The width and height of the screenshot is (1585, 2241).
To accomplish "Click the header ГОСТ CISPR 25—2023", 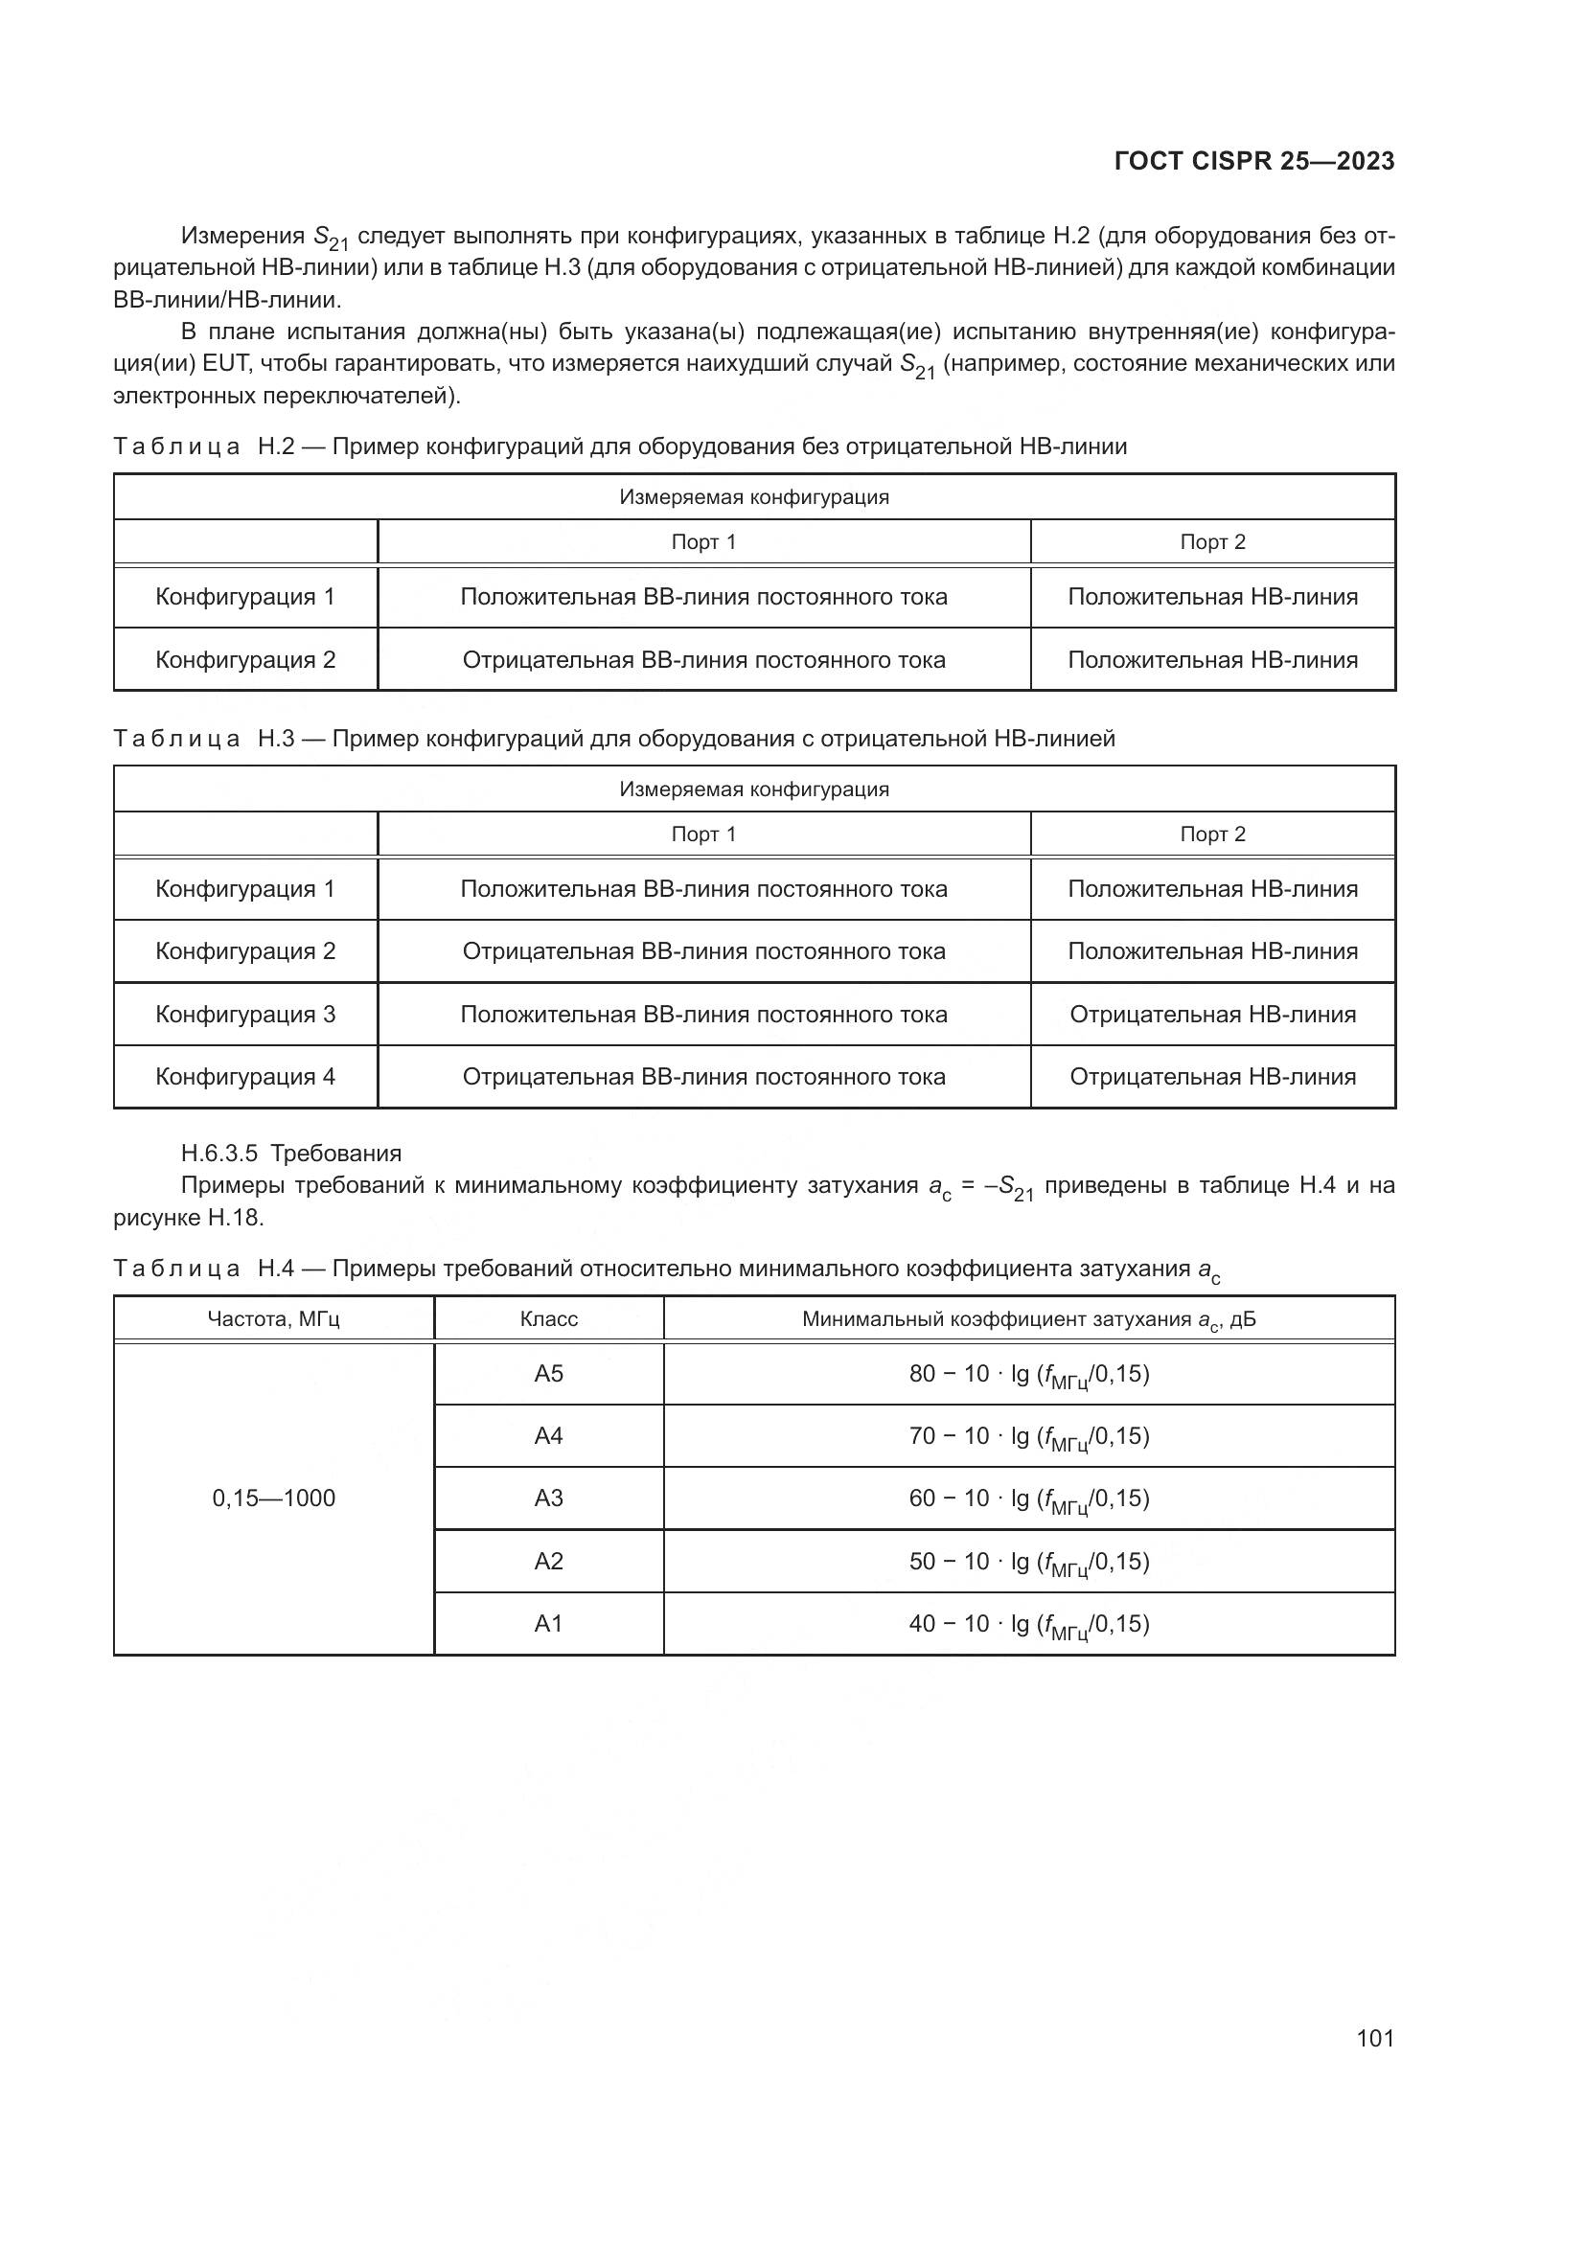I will [1254, 161].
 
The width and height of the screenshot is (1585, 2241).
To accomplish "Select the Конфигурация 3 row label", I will [245, 1014].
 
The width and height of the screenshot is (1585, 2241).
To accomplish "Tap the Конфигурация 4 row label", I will [245, 1077].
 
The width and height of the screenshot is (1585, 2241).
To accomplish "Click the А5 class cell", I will [548, 1373].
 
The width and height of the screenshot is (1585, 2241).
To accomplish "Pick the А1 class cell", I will [548, 1623].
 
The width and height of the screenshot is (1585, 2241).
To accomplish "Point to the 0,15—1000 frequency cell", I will [273, 1498].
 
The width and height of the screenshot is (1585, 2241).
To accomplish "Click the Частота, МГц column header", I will [273, 1319].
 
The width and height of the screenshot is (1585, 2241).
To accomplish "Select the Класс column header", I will [548, 1319].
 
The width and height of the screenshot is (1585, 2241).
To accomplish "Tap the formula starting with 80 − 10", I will [1028, 1374].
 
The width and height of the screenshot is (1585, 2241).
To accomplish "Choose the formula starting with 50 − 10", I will [1028, 1562].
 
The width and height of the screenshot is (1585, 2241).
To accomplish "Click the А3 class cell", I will [548, 1498].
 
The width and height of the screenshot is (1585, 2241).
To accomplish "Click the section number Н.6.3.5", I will [218, 1154].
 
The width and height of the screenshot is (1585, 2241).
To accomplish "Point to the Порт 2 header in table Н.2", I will [1212, 541].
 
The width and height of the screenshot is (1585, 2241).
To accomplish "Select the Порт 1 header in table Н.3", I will [702, 835].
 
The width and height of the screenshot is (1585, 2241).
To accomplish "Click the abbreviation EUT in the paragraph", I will [225, 364].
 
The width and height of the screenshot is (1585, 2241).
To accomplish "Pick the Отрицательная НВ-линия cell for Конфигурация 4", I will [1212, 1077].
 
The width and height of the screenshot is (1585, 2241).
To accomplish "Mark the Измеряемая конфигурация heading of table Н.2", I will [753, 498].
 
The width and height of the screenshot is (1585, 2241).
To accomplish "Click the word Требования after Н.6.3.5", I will [335, 1154].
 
